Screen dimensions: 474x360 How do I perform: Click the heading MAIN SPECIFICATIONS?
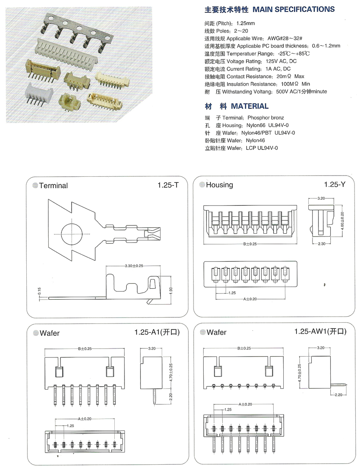pyautogui.click(x=294, y=9)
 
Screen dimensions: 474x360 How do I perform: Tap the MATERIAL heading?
pyautogui.click(x=249, y=106)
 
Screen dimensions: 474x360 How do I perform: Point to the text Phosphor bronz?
pyautogui.click(x=266, y=117)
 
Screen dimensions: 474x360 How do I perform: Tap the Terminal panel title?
pyautogui.click(x=53, y=185)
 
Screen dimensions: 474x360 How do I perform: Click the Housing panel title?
pyautogui.click(x=219, y=185)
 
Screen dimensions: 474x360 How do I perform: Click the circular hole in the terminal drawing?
pyautogui.click(x=73, y=234)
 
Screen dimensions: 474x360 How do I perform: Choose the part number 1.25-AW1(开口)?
pyautogui.click(x=320, y=332)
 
